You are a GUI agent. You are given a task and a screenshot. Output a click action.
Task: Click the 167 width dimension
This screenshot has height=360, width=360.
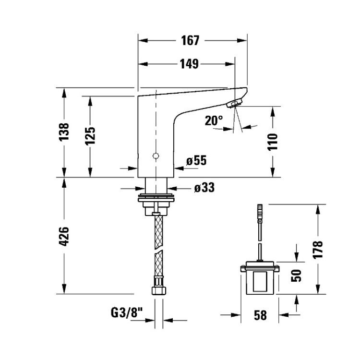[x=190, y=41]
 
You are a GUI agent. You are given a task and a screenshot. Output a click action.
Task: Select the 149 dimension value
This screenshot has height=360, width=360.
[x=189, y=64]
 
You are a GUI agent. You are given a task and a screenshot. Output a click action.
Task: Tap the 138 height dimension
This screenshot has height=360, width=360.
[x=64, y=132]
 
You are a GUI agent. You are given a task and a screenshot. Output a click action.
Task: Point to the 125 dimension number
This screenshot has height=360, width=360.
[x=90, y=136]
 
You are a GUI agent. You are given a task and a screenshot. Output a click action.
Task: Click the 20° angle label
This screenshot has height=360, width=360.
[x=214, y=120]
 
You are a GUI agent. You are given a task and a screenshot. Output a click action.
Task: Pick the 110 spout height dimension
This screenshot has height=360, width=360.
[x=273, y=142]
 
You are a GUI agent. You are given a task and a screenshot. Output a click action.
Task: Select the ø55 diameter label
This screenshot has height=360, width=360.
[x=196, y=160]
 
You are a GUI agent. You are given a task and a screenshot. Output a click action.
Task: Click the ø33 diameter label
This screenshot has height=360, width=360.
[x=204, y=187]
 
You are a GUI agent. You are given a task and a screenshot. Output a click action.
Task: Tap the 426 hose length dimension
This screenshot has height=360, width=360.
[x=64, y=237]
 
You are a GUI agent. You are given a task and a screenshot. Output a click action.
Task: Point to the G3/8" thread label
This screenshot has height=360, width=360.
[x=127, y=312]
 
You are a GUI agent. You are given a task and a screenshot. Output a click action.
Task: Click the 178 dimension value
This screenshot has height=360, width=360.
[x=318, y=250]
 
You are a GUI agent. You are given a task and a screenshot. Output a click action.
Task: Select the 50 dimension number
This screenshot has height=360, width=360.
[x=296, y=276]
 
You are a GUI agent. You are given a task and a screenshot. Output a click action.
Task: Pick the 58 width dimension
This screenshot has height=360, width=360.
[x=260, y=315]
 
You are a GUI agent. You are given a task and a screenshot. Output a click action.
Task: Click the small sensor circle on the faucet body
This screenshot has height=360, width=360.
[x=156, y=156]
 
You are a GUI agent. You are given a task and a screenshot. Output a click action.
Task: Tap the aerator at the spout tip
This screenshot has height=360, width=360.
[x=234, y=103]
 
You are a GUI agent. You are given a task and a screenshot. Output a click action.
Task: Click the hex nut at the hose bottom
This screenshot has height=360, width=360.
[x=159, y=290]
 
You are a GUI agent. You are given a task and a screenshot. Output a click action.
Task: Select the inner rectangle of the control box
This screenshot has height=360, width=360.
[x=260, y=281]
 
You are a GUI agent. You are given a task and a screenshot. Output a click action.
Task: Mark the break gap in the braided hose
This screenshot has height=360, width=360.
[x=159, y=250]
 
